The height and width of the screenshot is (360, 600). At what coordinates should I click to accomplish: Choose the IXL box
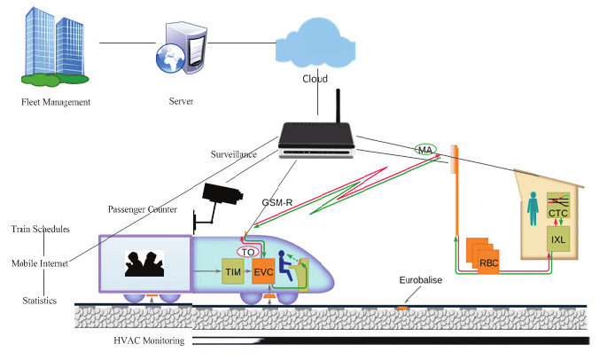[x=559, y=240]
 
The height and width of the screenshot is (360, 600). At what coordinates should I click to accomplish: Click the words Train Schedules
[x=41, y=229]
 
